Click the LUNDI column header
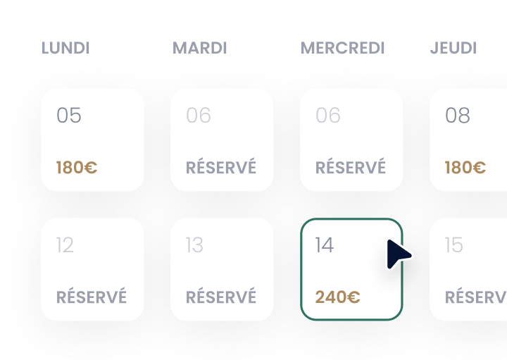pos(65,48)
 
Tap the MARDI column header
pos(199,48)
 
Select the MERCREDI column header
pos(342,48)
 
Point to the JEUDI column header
pos(453,48)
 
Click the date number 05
pos(69,115)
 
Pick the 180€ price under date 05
pos(77,168)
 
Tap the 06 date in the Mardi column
pos(199,115)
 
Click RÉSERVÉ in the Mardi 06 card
pos(221,166)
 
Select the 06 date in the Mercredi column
pos(328,115)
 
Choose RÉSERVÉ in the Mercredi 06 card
pos(351,166)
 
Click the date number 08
pos(458,115)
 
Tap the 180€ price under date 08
pos(465,168)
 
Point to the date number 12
pos(65,245)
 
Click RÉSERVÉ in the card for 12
pos(92,296)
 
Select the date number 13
pos(194,245)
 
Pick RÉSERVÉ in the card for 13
pos(221,296)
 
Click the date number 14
pos(325,245)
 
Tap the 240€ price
pos(337,297)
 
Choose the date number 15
pos(454,245)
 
